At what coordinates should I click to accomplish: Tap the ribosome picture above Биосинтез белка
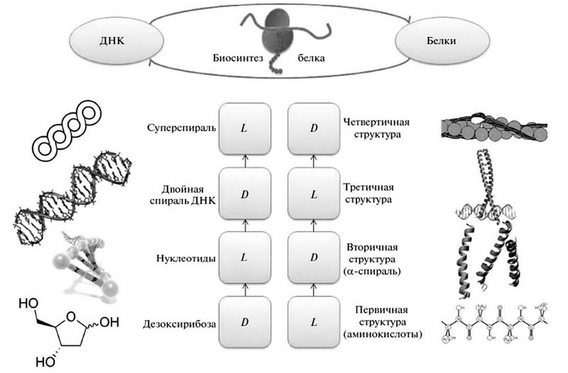pyautogui.click(x=273, y=32)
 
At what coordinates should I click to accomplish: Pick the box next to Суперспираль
pyautogui.click(x=245, y=128)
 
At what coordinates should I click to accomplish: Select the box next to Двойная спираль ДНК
pyautogui.click(x=245, y=193)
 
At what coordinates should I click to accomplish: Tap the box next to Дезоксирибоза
pyautogui.click(x=245, y=321)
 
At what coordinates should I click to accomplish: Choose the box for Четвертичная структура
pyautogui.click(x=312, y=128)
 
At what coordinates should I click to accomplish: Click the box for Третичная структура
pyautogui.click(x=312, y=193)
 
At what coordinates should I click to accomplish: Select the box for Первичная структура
pyautogui.click(x=312, y=321)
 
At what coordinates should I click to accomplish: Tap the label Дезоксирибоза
pyautogui.click(x=178, y=323)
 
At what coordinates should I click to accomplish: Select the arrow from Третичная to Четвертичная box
pyautogui.click(x=312, y=160)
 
